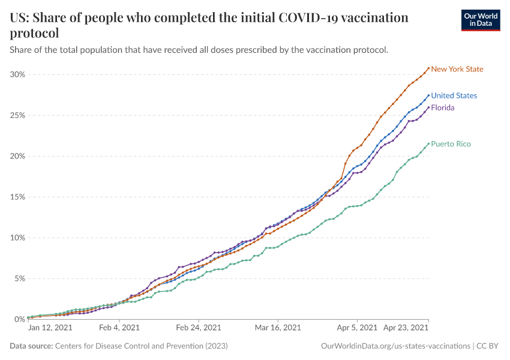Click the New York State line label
click(457, 69)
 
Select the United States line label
click(454, 95)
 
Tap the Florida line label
click(443, 108)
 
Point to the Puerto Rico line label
click(451, 144)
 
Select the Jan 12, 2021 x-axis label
click(50, 328)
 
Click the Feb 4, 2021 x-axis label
click(118, 328)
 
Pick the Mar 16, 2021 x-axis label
click(278, 328)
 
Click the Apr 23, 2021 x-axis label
click(406, 328)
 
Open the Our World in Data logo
click(481, 20)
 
